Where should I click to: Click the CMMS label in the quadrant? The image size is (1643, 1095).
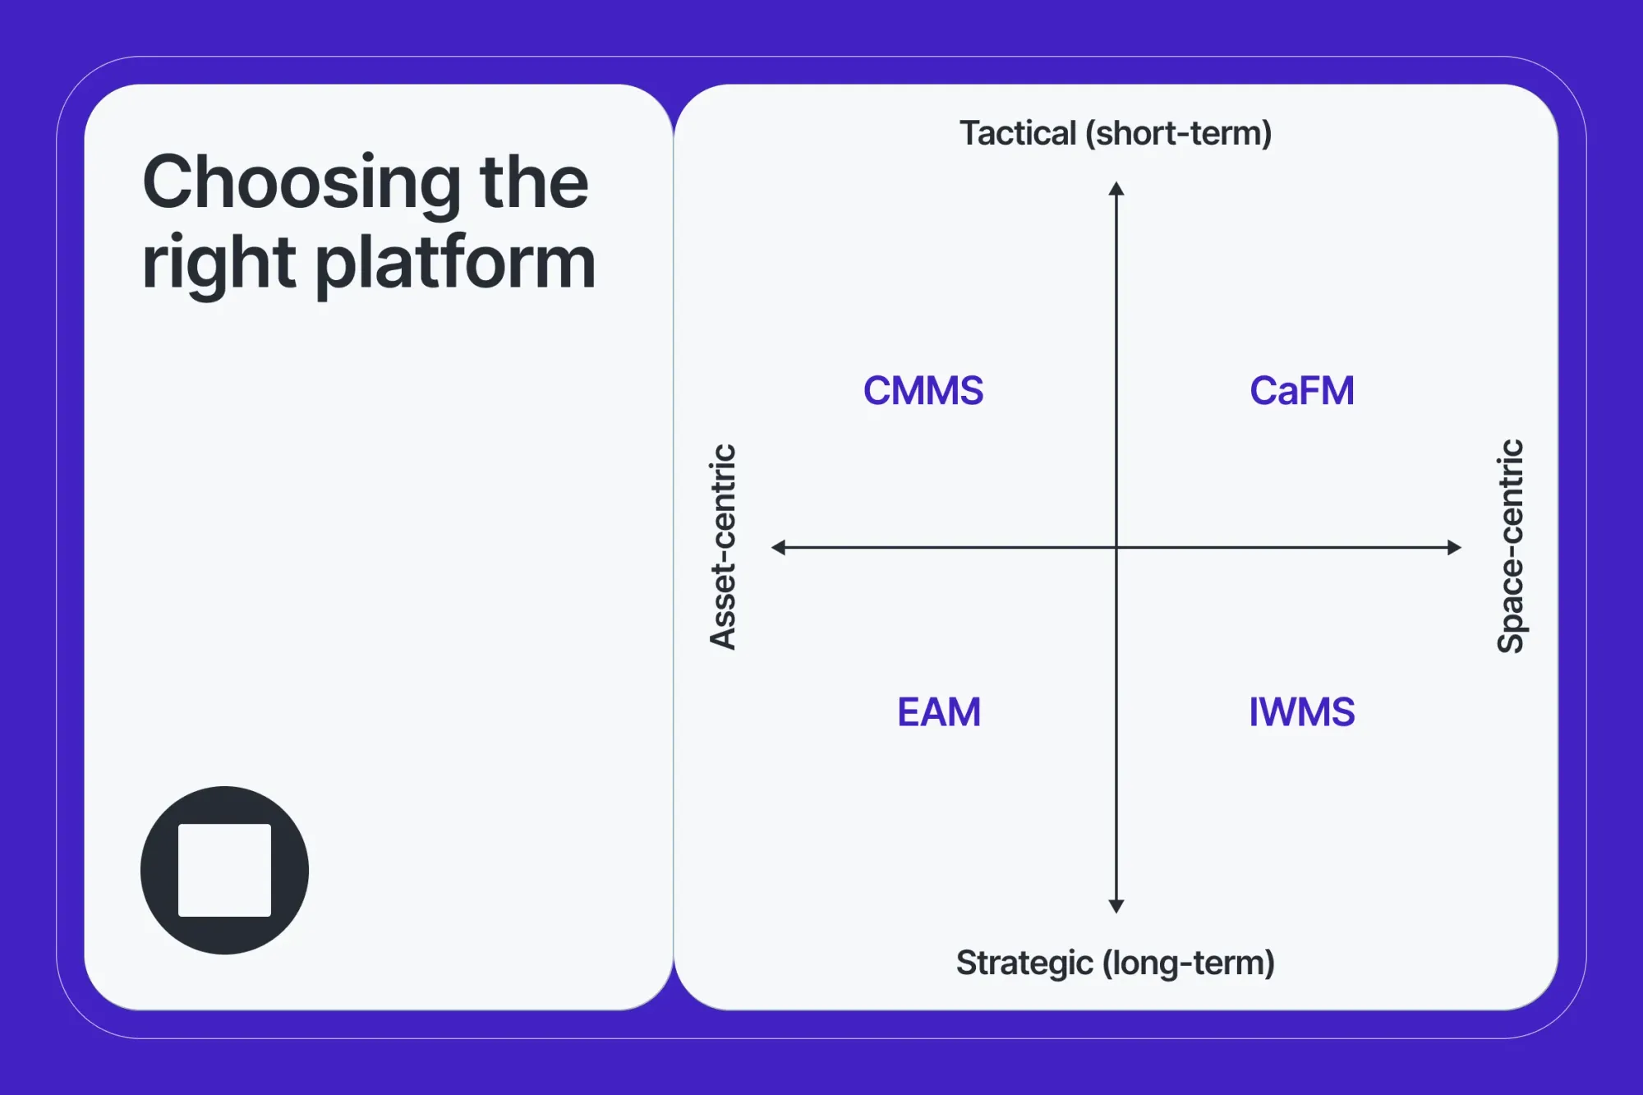(x=923, y=391)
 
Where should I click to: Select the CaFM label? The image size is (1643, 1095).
(x=1301, y=391)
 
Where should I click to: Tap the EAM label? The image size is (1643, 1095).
(x=938, y=712)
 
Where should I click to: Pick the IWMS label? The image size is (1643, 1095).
(x=1301, y=712)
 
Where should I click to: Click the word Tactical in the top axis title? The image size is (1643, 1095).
(x=1017, y=133)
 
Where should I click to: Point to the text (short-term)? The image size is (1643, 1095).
(x=1178, y=133)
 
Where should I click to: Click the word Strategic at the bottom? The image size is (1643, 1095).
(x=1024, y=963)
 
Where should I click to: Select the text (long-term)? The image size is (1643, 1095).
(x=1188, y=963)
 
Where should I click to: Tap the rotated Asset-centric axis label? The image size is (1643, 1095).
(x=723, y=547)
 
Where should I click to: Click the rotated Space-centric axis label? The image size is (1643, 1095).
(x=1511, y=547)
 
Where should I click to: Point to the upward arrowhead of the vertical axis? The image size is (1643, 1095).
(x=1116, y=189)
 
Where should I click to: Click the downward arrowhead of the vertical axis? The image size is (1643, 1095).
(x=1116, y=906)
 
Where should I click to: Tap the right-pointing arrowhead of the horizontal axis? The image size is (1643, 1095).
(x=1454, y=547)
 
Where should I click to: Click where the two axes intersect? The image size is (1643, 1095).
(x=1116, y=547)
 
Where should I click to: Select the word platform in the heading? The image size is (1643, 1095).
(x=455, y=263)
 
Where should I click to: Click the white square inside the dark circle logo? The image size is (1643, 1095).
(x=224, y=870)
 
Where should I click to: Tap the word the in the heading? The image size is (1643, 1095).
(x=534, y=182)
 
